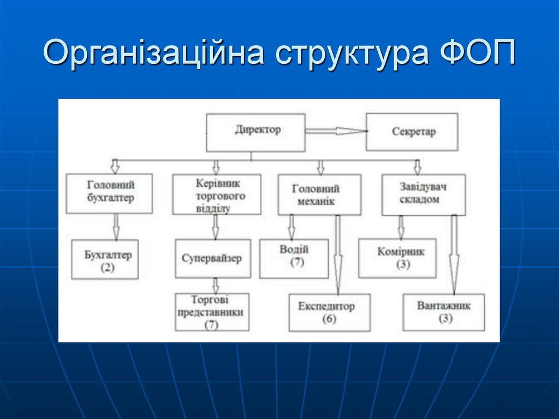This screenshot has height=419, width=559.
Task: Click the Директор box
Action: tap(255, 132)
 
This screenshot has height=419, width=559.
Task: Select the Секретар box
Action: tap(412, 132)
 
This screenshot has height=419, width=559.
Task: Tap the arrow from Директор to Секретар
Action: tap(335, 131)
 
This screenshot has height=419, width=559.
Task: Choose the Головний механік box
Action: tap(319, 194)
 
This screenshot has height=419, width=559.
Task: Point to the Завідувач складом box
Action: tap(424, 194)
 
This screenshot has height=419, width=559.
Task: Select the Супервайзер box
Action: tap(213, 258)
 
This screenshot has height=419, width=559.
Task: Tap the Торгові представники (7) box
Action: tap(212, 312)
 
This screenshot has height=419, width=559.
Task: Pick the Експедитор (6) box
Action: tap(329, 312)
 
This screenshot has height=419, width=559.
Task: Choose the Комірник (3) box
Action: tap(397, 258)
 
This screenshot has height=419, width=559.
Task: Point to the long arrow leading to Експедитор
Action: tap(337, 254)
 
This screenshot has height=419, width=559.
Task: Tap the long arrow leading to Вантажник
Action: tap(454, 254)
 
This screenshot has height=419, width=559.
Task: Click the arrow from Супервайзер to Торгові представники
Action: tap(216, 285)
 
